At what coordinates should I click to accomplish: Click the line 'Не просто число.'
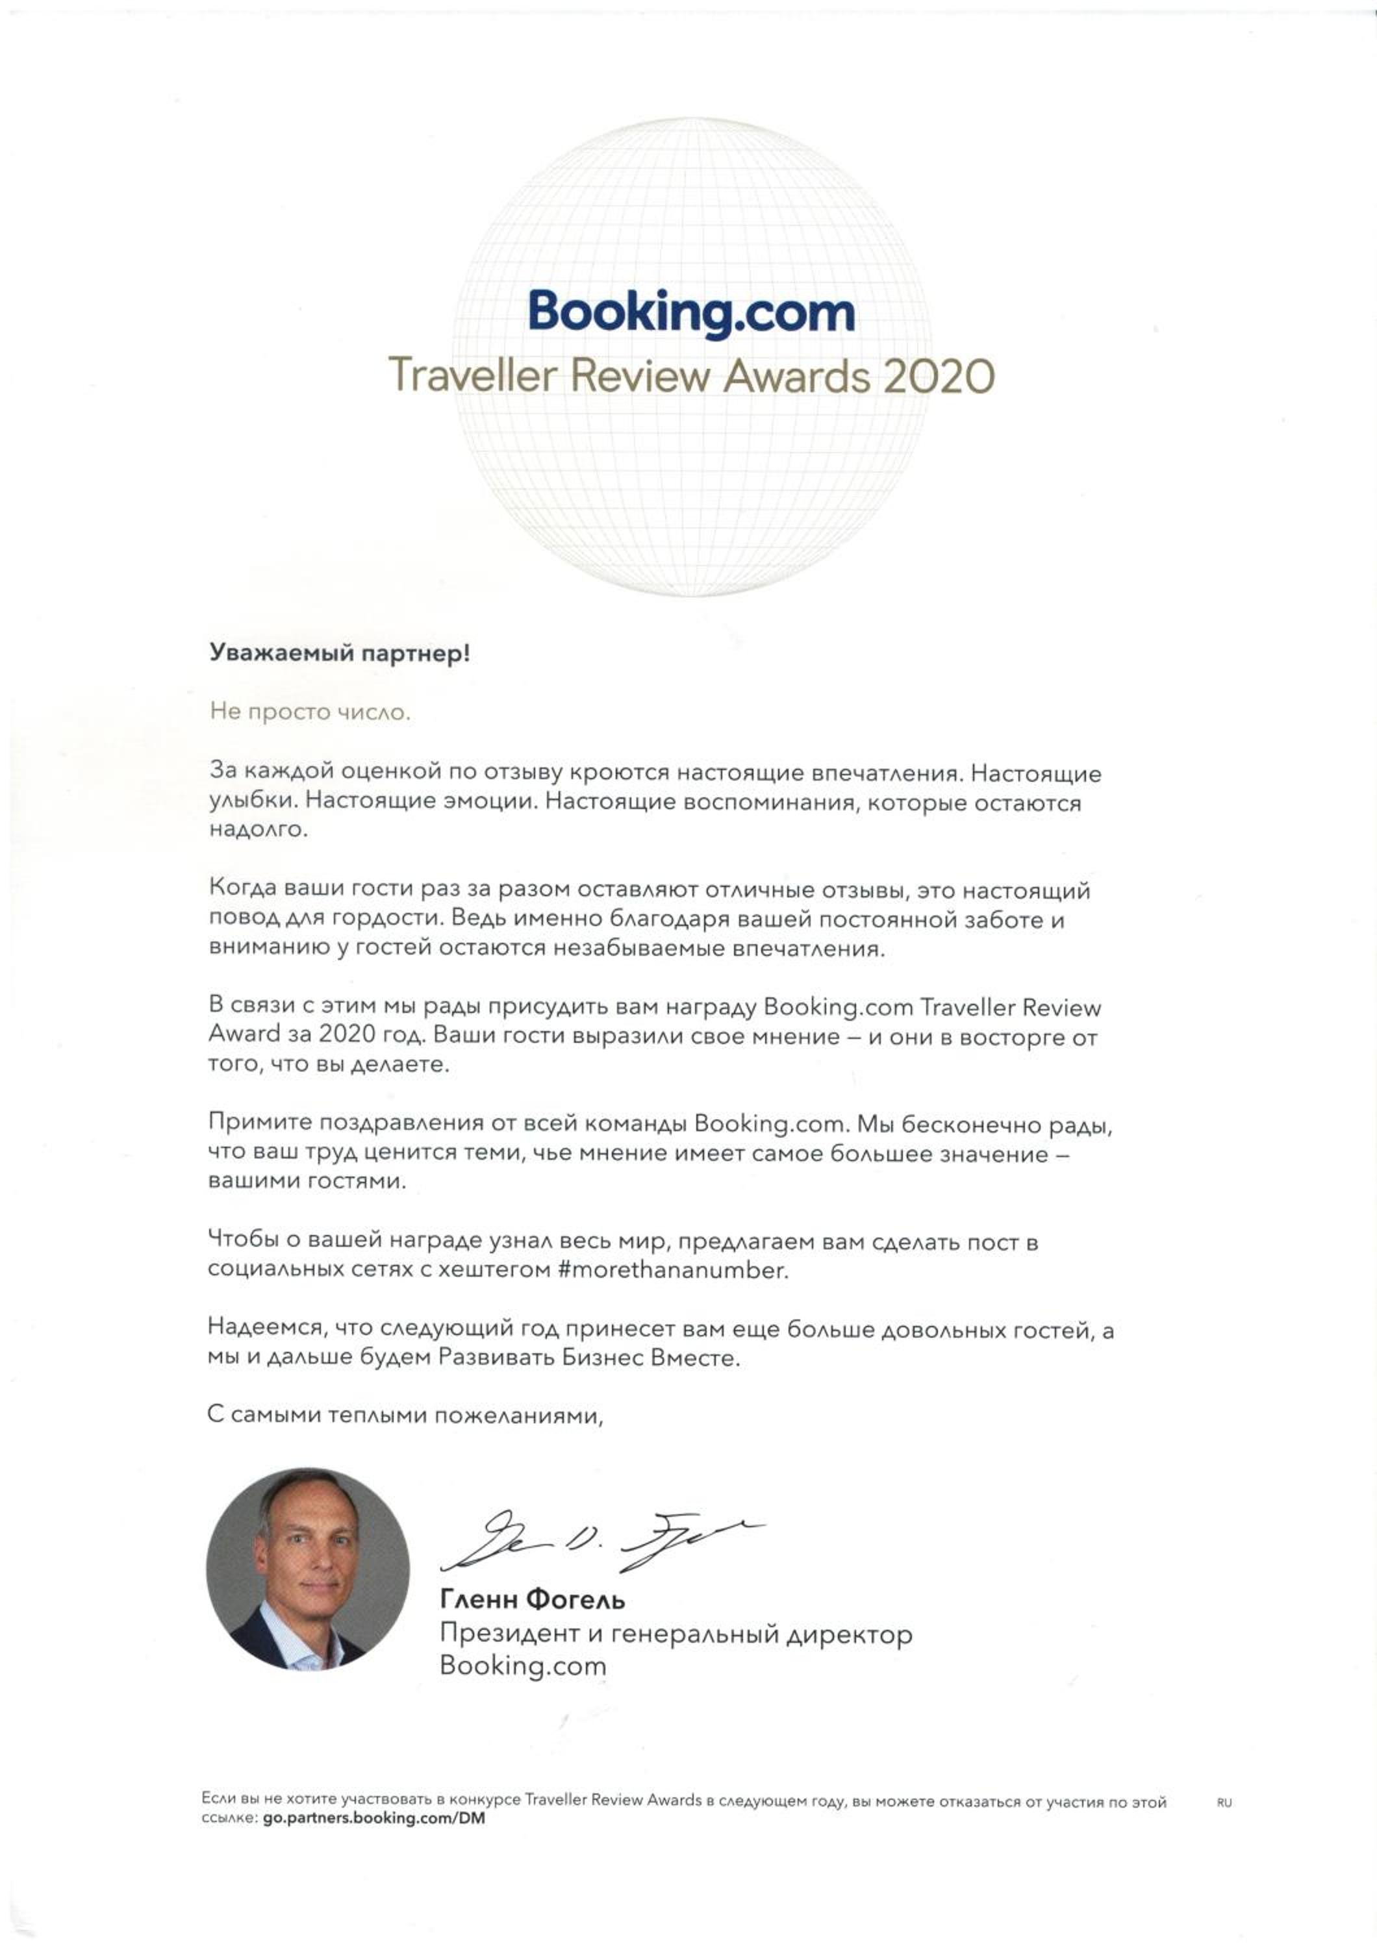coord(310,712)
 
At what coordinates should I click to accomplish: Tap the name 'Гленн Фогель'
coord(532,1599)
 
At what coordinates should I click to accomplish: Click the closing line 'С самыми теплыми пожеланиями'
coord(405,1415)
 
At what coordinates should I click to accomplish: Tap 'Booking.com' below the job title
coord(523,1666)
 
